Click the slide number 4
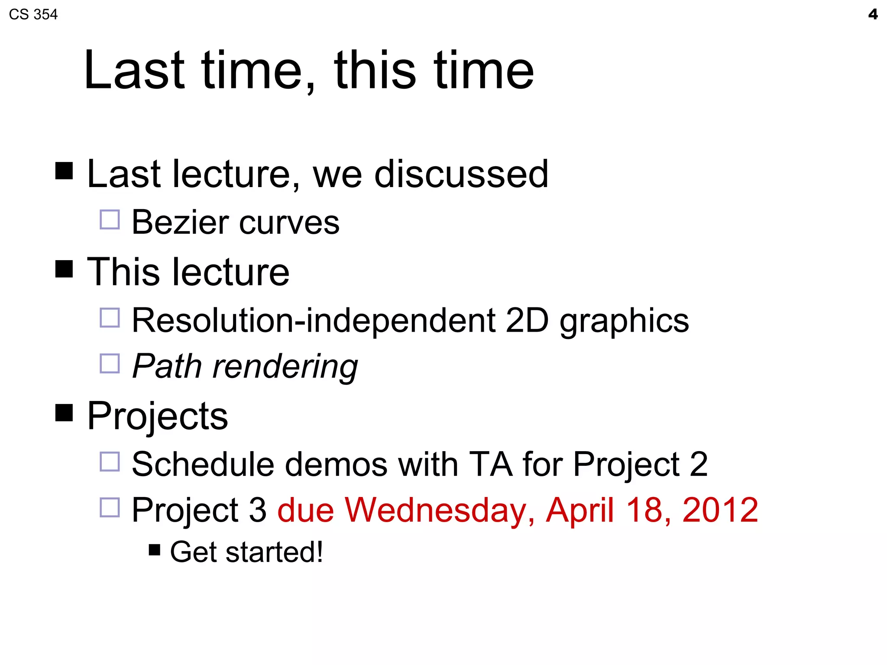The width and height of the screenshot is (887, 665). (x=873, y=15)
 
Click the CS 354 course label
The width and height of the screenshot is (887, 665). (x=33, y=15)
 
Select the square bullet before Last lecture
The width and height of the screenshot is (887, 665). (x=64, y=171)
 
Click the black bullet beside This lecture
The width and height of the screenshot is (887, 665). (x=64, y=269)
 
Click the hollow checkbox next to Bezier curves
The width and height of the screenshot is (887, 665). (x=110, y=220)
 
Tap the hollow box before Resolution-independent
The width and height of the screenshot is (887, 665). (x=110, y=318)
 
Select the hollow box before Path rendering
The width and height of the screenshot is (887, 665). (x=110, y=364)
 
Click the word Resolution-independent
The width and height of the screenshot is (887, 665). (x=314, y=321)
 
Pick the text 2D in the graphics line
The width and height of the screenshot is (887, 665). (x=527, y=321)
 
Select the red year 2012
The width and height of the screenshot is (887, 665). (x=720, y=510)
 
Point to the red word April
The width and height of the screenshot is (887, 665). (x=579, y=510)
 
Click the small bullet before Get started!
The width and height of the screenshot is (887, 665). (x=154, y=550)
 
